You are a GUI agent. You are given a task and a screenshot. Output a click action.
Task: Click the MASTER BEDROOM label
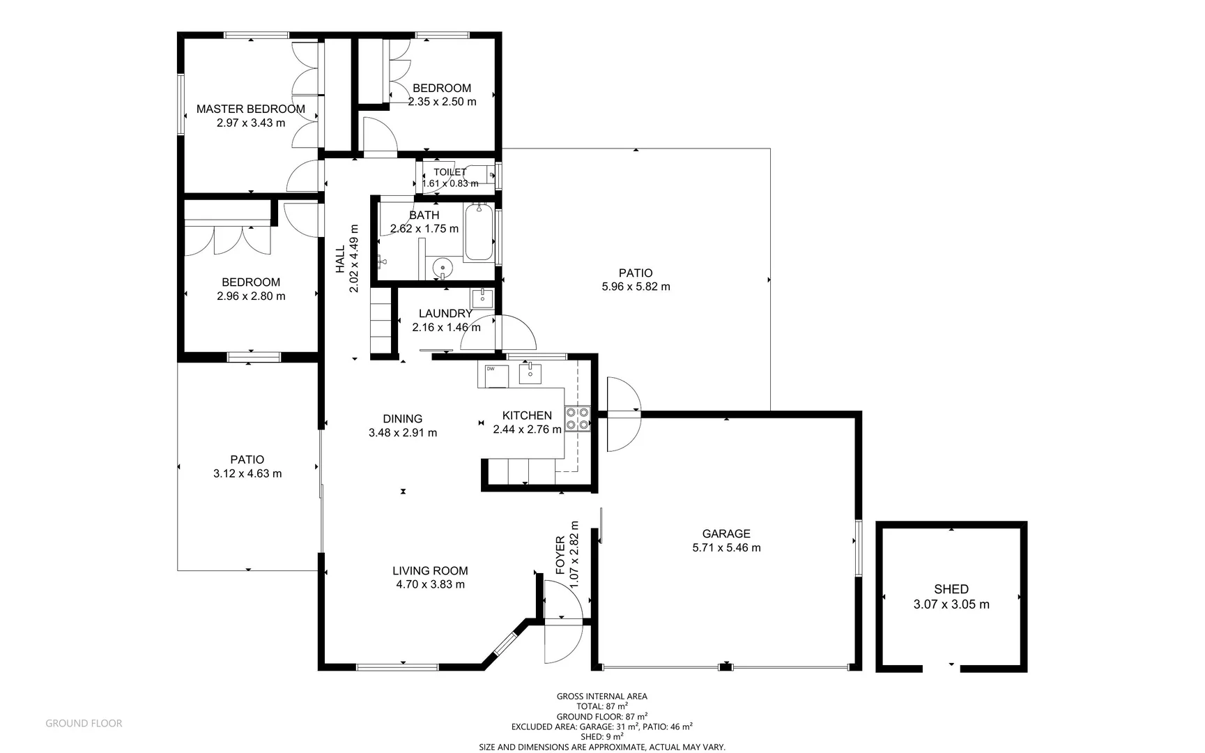point(250,109)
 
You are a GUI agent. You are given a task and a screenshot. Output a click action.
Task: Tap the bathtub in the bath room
point(479,232)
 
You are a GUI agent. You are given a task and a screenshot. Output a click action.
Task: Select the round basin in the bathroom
point(442,267)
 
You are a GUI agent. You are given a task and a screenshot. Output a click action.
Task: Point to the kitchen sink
point(530,374)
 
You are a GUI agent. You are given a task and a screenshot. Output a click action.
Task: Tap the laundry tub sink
point(482,298)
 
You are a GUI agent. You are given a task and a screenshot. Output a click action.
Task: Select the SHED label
point(951,589)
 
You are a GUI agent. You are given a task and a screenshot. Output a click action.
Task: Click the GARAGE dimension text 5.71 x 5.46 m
point(726,548)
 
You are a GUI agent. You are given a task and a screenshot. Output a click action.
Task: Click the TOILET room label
point(450,172)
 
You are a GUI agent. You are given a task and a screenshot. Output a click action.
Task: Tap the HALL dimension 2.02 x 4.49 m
point(354,258)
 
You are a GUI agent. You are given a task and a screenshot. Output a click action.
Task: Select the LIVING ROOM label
point(430,570)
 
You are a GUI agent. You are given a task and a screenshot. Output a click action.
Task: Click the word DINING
point(402,418)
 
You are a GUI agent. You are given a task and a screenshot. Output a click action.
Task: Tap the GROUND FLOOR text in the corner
point(84,724)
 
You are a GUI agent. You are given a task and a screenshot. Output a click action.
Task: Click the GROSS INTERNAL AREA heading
point(601,696)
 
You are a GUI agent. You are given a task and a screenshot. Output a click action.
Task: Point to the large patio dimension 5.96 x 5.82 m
point(636,287)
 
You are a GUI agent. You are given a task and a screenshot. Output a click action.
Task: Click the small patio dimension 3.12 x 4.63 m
point(247,473)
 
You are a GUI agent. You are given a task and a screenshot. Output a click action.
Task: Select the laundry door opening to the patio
point(516,333)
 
